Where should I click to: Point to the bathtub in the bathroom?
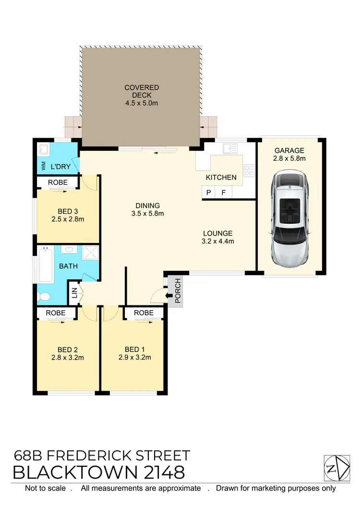point(46,265)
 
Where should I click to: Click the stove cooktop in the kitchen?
point(249,170)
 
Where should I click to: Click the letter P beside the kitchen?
point(209,193)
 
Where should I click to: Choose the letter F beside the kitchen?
point(223,193)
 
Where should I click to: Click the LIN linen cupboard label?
point(74,293)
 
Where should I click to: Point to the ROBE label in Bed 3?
point(57,182)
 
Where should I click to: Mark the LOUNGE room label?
point(217,233)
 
